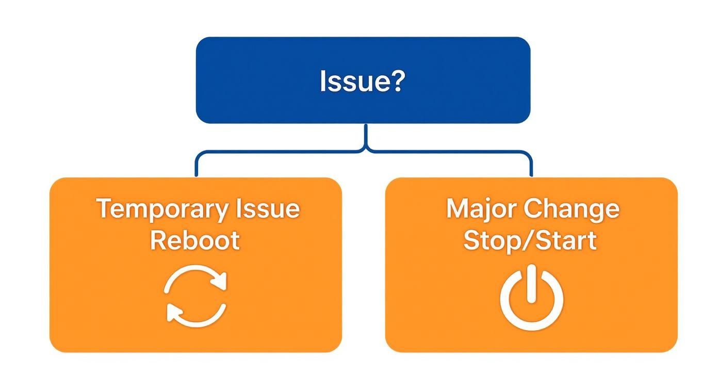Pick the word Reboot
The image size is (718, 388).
click(x=195, y=240)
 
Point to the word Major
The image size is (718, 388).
click(x=481, y=209)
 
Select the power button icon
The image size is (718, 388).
click(x=531, y=298)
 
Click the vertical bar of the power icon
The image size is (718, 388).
click(x=531, y=284)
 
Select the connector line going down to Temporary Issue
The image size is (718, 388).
click(x=197, y=165)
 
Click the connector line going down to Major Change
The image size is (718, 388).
click(x=531, y=165)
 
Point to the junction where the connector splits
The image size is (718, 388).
click(x=366, y=151)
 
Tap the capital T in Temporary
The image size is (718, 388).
click(x=104, y=209)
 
